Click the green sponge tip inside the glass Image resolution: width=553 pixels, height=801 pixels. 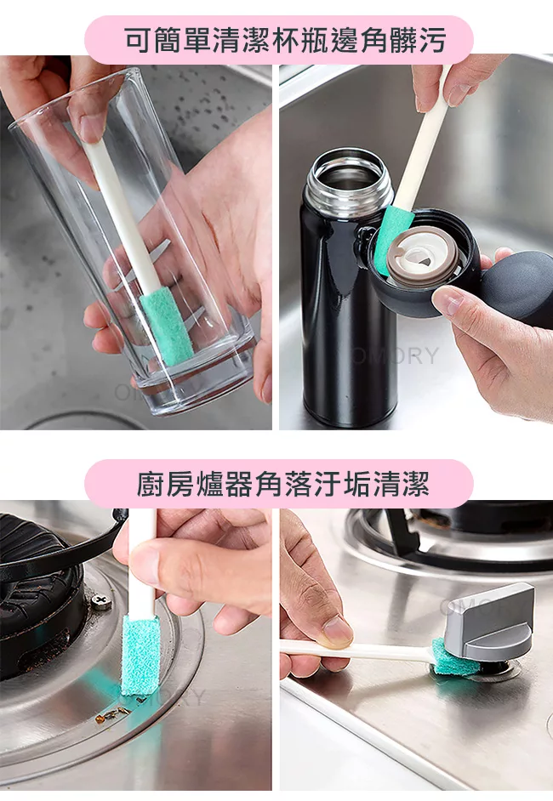click(166, 326)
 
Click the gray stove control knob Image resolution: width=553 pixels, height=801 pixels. click(489, 623)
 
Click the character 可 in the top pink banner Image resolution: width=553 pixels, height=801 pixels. click(139, 40)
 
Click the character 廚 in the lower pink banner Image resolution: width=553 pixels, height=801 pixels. click(151, 484)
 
